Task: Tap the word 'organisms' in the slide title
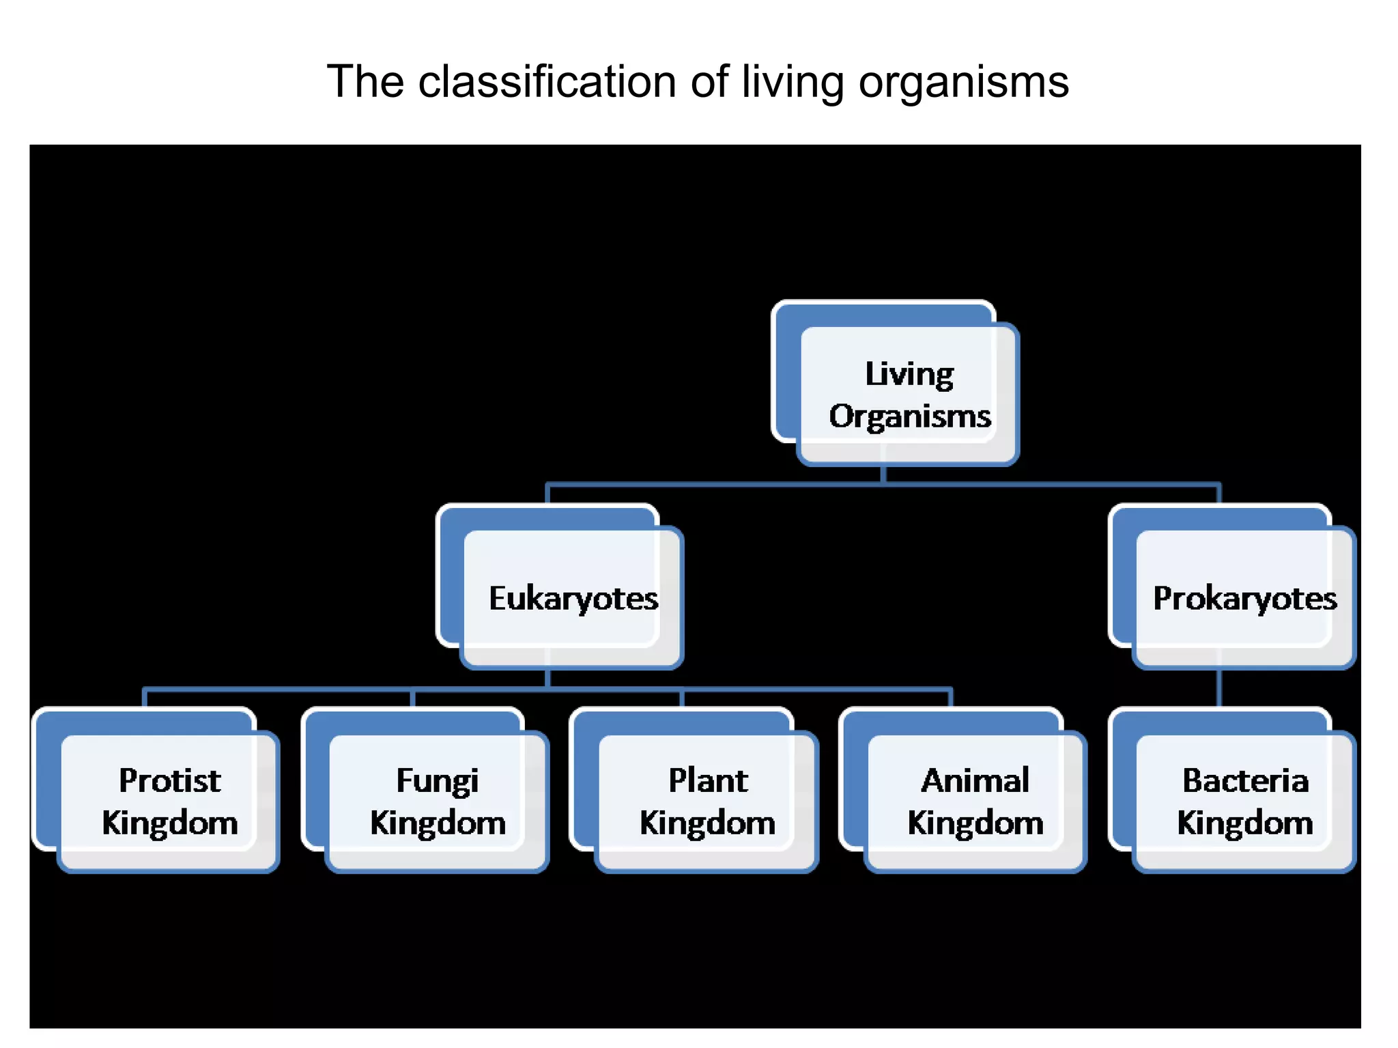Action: [963, 82]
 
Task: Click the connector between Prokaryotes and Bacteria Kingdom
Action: [1219, 688]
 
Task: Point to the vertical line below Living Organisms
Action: [883, 475]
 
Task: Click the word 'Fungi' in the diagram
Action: [438, 781]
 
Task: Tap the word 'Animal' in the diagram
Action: [975, 781]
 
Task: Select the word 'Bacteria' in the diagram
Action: [1245, 781]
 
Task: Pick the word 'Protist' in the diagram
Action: [170, 781]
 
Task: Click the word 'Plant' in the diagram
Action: [708, 781]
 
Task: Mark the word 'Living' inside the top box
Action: [909, 375]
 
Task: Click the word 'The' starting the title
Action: [365, 82]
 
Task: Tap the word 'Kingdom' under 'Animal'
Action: [975, 823]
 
